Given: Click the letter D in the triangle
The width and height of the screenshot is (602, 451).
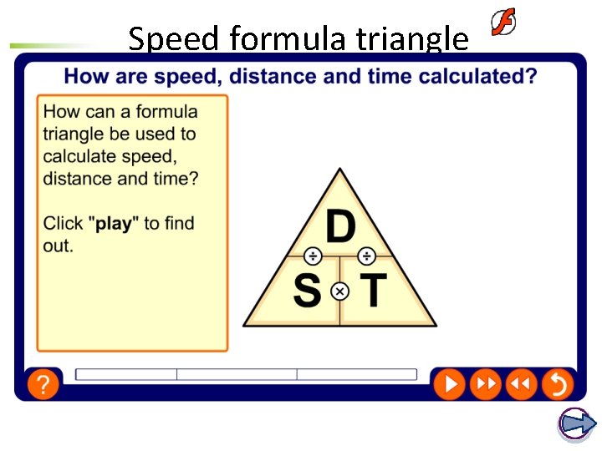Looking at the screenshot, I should [339, 227].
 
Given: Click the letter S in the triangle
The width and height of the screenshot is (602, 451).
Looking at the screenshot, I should [307, 291].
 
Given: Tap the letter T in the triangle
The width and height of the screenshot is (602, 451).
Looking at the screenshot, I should [373, 291].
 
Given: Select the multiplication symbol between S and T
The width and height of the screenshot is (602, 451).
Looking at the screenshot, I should [339, 291].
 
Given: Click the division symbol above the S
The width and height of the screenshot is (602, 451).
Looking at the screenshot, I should [312, 256].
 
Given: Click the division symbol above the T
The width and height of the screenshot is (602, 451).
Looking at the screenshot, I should [367, 256].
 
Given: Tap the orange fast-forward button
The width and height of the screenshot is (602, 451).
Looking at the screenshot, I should [484, 384].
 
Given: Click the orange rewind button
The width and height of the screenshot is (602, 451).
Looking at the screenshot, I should [520, 384].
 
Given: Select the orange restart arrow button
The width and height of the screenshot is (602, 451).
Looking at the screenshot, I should [556, 384].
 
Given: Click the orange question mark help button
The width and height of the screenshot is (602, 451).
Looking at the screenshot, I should [43, 384].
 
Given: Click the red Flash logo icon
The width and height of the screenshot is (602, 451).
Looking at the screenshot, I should [503, 23].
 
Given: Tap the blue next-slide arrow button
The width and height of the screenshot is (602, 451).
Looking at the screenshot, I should [576, 424].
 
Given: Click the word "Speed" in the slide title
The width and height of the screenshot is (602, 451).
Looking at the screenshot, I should [173, 38].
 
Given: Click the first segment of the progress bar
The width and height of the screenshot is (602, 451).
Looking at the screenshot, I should [126, 375].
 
